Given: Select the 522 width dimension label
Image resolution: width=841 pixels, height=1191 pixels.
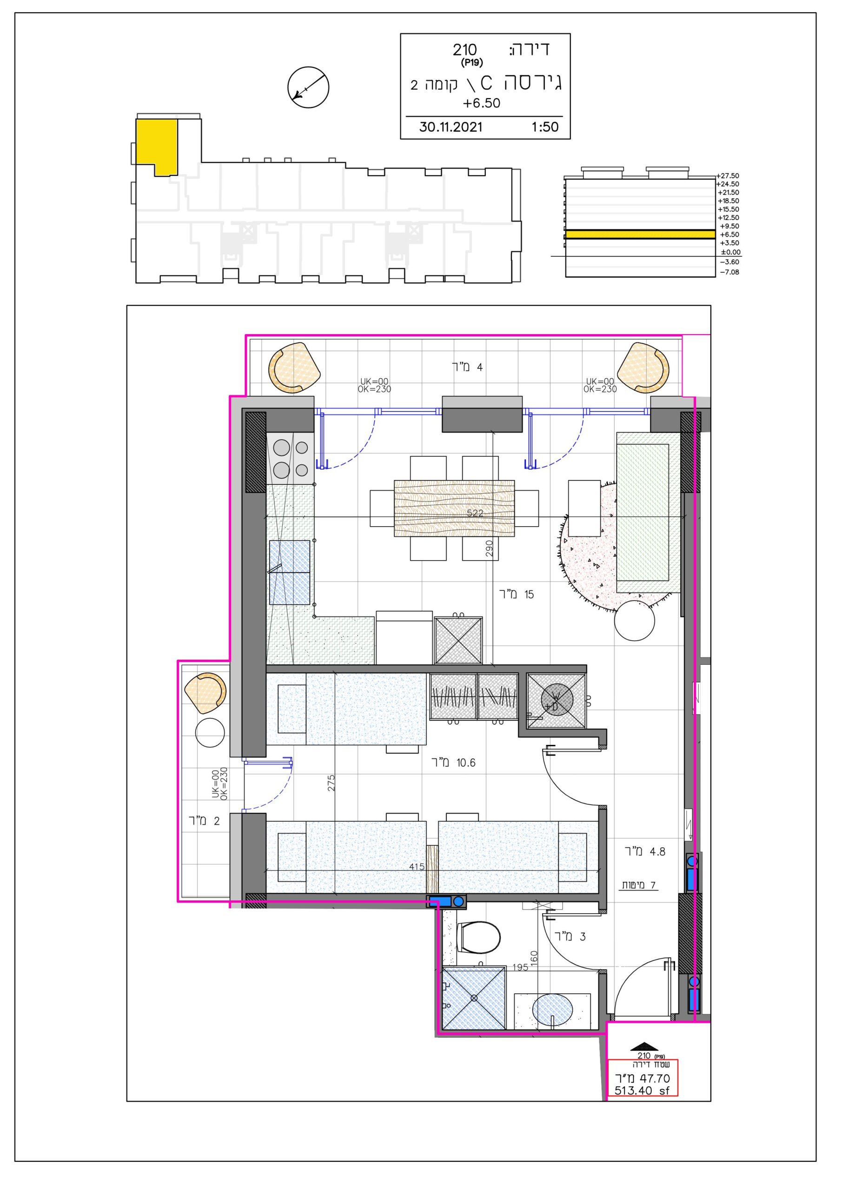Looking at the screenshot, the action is (x=475, y=513).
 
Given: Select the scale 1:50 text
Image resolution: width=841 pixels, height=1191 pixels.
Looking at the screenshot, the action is (x=545, y=127).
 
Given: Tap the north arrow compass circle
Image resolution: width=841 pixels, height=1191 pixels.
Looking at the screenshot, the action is (x=309, y=87).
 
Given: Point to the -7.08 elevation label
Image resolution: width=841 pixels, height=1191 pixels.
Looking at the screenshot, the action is (x=729, y=272).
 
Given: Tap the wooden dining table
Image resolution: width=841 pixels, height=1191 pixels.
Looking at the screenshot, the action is (x=454, y=508).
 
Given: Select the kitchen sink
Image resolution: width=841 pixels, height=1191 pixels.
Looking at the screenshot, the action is (x=289, y=572).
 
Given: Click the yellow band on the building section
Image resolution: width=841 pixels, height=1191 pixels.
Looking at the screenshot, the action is (x=640, y=234).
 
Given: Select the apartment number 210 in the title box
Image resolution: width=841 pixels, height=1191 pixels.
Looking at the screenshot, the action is (x=464, y=50).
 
